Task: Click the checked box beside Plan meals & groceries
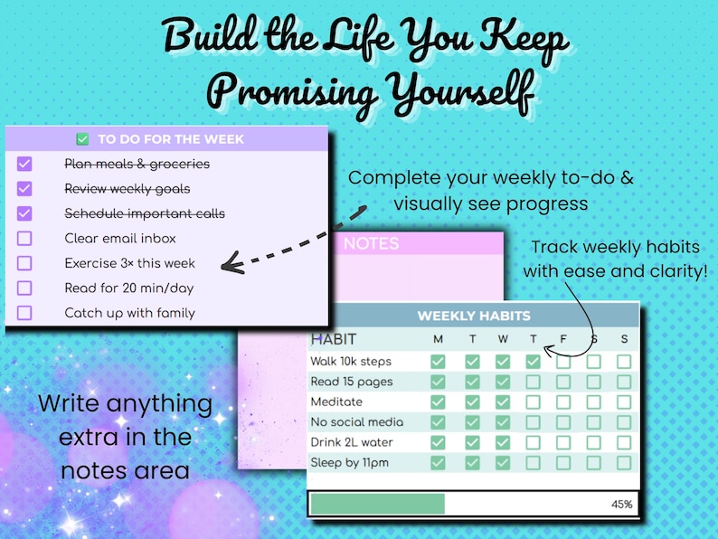point(24,164)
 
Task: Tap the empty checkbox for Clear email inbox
point(24,239)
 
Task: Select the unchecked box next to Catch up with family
point(24,313)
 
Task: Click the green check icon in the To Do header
point(83,139)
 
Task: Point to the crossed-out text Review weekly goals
point(128,189)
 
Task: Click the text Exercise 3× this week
point(129,263)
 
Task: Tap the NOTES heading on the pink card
point(371,243)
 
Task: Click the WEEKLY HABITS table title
point(473,316)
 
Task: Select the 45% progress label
point(621,504)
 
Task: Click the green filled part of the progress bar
point(377,504)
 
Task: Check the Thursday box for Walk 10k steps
point(533,362)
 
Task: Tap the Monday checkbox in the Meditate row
point(439,402)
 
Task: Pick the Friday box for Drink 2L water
point(562,442)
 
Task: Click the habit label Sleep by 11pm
point(351,462)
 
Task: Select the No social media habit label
point(356,422)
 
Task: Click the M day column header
point(439,339)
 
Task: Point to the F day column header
point(562,339)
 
